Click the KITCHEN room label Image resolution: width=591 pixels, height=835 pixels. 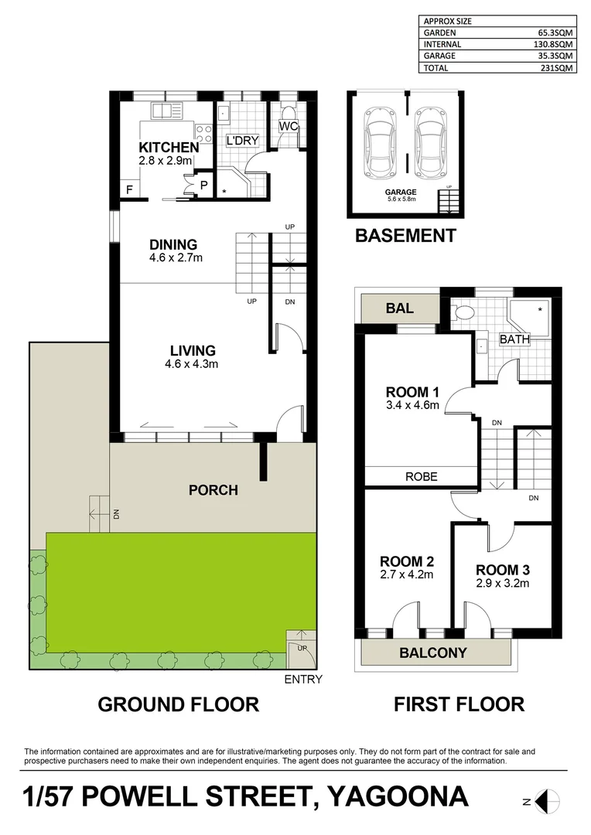[169, 147]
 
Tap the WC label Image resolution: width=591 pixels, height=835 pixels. [289, 126]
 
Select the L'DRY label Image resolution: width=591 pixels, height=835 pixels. [242, 141]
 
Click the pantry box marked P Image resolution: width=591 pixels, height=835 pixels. [204, 185]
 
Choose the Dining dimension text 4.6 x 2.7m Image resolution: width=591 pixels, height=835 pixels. [176, 257]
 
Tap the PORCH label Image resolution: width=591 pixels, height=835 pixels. [214, 490]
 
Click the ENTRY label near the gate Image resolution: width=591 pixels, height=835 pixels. [303, 680]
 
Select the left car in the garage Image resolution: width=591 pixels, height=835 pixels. [379, 139]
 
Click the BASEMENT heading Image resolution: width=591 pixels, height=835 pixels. [405, 236]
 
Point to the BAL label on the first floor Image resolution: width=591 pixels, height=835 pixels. [399, 308]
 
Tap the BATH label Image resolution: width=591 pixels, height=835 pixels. [514, 339]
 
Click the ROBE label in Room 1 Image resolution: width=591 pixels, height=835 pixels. [421, 477]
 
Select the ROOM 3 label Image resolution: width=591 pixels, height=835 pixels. [502, 570]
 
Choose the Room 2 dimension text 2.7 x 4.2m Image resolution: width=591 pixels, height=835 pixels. [406, 574]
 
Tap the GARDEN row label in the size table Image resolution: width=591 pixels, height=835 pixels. [439, 33]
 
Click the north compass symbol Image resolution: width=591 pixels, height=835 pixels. [547, 802]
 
